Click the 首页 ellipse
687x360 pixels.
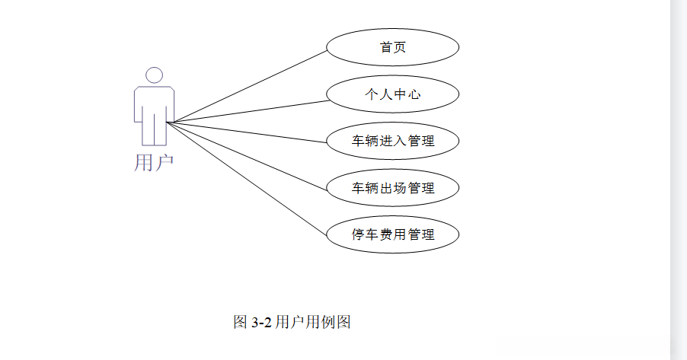pos(392,47)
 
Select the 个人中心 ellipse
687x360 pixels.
pos(392,94)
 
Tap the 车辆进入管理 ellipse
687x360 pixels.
pos(392,141)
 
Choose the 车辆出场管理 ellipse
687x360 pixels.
pos(392,187)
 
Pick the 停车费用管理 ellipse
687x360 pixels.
pos(392,234)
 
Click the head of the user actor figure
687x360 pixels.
pos(155,75)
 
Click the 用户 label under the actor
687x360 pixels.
pos(154,162)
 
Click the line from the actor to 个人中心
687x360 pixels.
pos(251,111)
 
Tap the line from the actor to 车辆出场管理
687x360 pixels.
pos(251,155)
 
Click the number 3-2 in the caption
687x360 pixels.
pos(261,322)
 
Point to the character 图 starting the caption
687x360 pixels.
pos(240,322)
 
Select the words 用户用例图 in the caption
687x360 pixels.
pos(312,322)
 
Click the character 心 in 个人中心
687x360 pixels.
pos(414,94)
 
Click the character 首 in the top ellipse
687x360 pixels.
pos(386,47)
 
